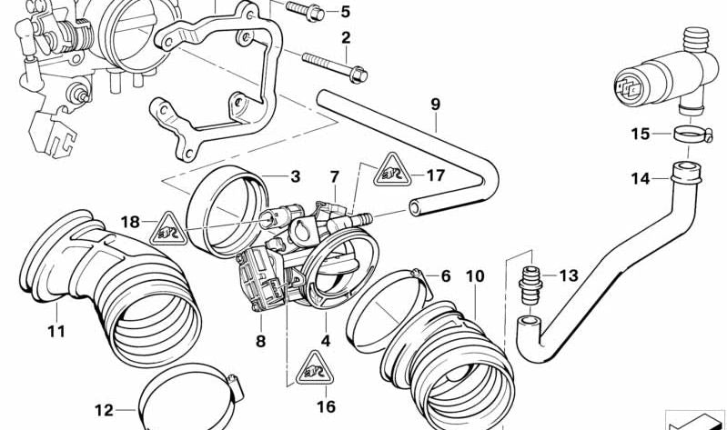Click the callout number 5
point(344,12)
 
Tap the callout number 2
point(345,38)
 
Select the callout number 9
point(435,104)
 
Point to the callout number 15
point(641,135)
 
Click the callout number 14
point(641,179)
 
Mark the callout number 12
point(104,411)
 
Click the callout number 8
point(260,342)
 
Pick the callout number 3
point(295,176)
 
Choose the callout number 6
point(445,275)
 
